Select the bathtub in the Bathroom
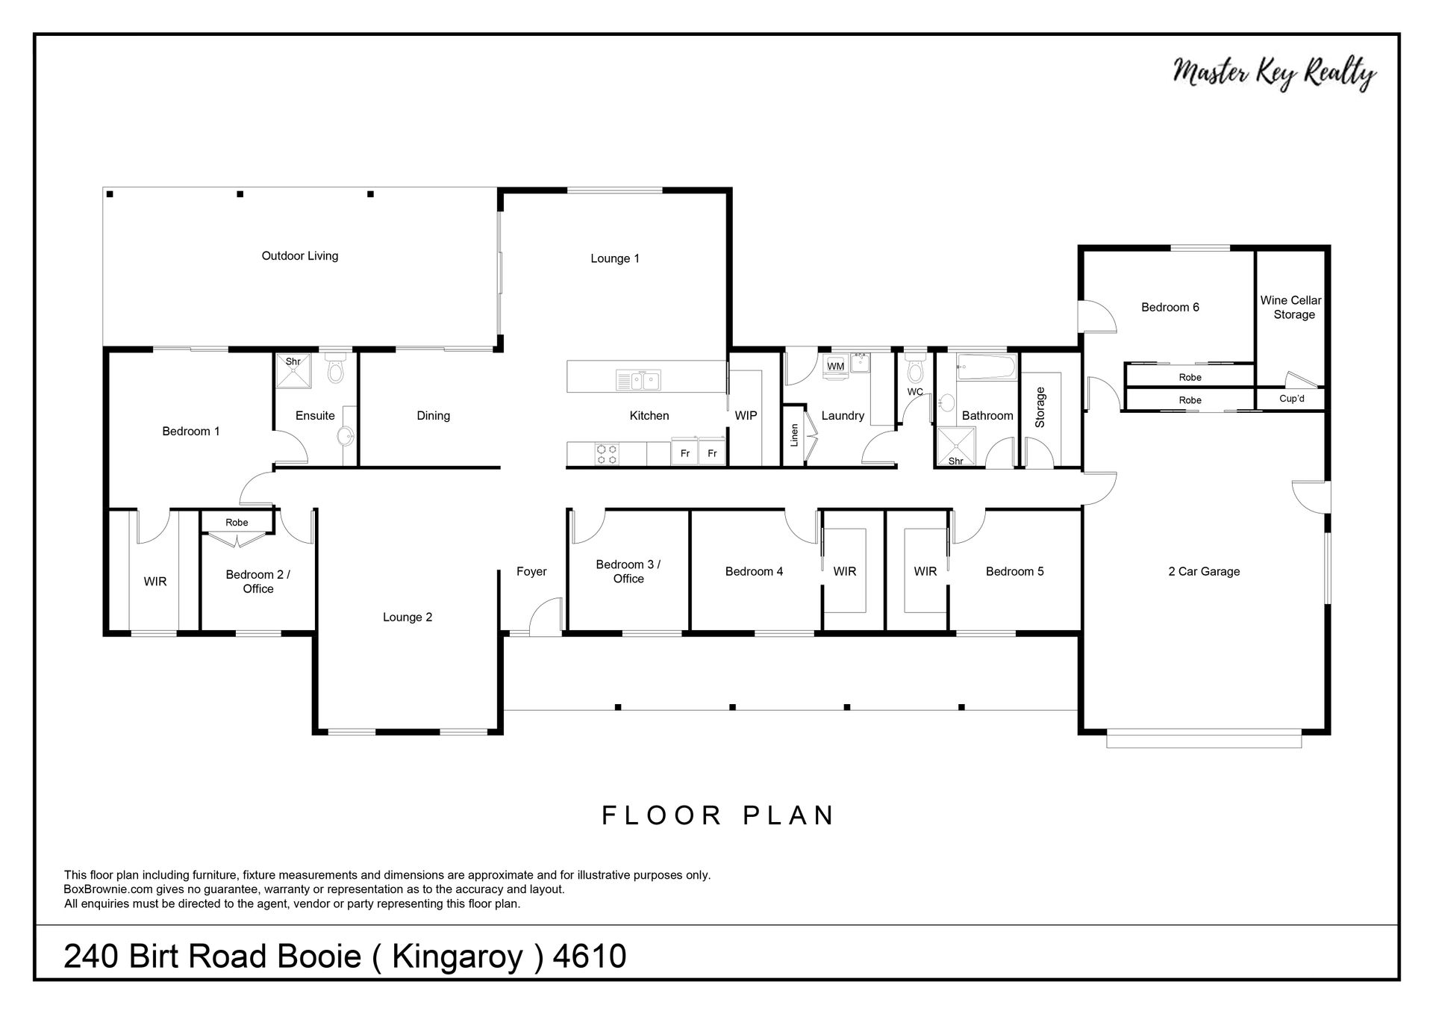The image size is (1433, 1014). [x=986, y=367]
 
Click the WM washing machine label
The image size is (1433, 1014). [x=836, y=367]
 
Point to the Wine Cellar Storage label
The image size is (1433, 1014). [x=1291, y=308]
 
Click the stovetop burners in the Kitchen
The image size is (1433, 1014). [x=608, y=454]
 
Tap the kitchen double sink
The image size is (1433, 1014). [x=638, y=381]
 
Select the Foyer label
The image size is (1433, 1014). [x=531, y=572]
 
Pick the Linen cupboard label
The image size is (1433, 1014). [x=794, y=435]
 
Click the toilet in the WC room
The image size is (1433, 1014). [x=915, y=369]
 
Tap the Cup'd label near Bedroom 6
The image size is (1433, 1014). [x=1292, y=399]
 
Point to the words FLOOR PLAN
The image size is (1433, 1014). [x=718, y=815]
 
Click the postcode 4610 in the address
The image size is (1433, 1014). [x=590, y=957]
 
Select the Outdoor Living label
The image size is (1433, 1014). [x=300, y=256]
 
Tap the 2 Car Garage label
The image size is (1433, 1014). [x=1204, y=572]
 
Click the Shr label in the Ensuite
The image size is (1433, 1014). [x=293, y=362]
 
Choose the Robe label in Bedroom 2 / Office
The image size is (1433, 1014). [x=237, y=523]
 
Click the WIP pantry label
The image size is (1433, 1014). [x=746, y=416]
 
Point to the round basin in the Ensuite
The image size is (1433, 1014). [x=346, y=436]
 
